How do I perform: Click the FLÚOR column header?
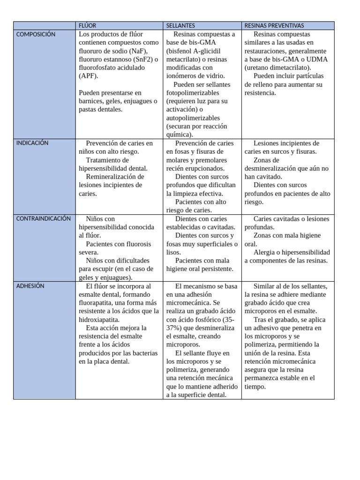88,25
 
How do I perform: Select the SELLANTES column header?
181,25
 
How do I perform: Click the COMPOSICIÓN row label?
36,34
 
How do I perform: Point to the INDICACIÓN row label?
32,143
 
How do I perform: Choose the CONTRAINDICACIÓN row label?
43,218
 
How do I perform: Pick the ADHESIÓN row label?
30,286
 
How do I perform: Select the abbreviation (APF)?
89,76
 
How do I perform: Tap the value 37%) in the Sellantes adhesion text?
174,328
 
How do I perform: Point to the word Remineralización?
115,177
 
